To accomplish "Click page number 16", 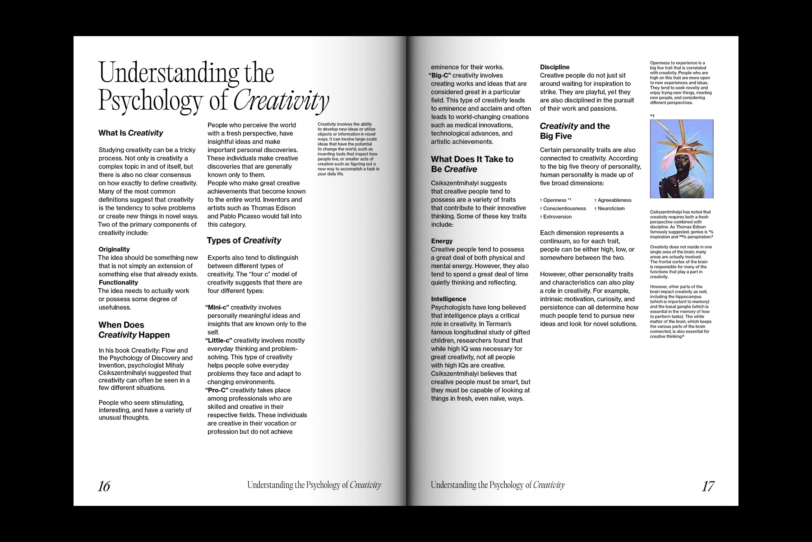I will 104,486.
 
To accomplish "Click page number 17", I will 708,486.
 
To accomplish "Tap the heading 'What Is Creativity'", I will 131,133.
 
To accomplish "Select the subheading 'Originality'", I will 114,249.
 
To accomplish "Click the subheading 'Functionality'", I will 118,282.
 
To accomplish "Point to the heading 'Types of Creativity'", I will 244,241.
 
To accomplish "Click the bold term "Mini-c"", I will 217,308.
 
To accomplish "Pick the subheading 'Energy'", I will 442,241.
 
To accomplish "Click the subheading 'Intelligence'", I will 448,299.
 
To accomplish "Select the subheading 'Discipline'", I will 554,67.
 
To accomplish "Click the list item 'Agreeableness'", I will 614,200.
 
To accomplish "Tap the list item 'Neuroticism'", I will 611,209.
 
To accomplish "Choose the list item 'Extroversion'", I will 557,217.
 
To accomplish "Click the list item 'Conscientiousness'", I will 564,209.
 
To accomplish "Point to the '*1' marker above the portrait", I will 652,116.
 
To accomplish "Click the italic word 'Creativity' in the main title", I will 281,101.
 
